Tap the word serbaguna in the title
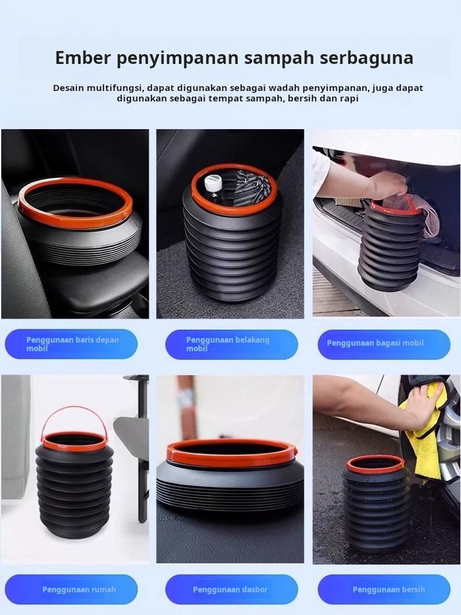click(367, 58)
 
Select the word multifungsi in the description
click(112, 88)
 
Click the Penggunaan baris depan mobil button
click(71, 344)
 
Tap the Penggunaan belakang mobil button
click(231, 344)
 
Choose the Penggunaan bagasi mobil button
click(384, 344)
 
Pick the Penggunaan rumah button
click(71, 589)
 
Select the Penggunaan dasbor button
click(231, 589)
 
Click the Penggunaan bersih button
click(384, 589)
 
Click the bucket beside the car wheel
click(375, 504)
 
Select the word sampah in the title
click(279, 59)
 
